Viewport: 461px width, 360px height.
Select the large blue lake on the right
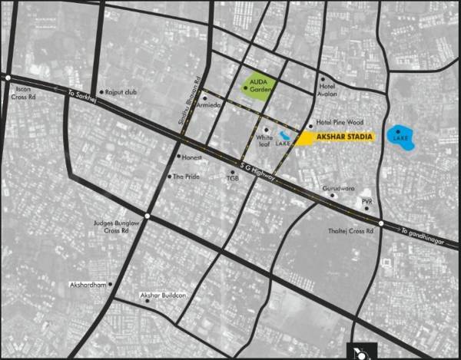401,138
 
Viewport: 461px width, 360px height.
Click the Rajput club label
121,92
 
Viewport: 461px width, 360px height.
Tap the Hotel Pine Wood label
339,122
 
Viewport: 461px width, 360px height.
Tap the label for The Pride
185,176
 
